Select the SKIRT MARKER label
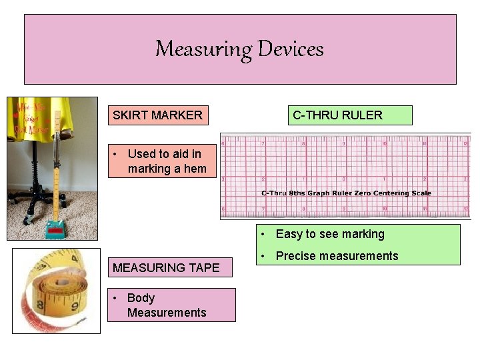pos(157,115)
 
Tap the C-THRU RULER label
pos(337,115)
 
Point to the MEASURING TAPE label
pos(166,268)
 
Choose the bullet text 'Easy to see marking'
pos(330,234)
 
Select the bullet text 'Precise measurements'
pos(337,256)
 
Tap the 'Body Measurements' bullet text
pos(167,305)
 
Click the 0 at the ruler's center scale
pos(344,179)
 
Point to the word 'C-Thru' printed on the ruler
pos(274,193)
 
